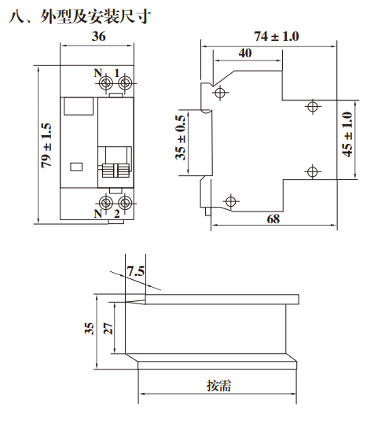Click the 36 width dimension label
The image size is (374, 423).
[x=99, y=36]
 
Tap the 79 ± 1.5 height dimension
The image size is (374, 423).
[x=46, y=145]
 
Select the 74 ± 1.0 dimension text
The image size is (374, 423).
[x=277, y=36]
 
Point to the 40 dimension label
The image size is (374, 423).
[x=245, y=53]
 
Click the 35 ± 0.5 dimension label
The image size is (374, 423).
[x=181, y=138]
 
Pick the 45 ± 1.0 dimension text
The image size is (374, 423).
[x=347, y=134]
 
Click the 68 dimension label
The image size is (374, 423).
[x=273, y=219]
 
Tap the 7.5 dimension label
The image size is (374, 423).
[x=136, y=271]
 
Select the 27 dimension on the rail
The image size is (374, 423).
[x=108, y=329]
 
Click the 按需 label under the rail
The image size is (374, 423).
[x=219, y=385]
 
